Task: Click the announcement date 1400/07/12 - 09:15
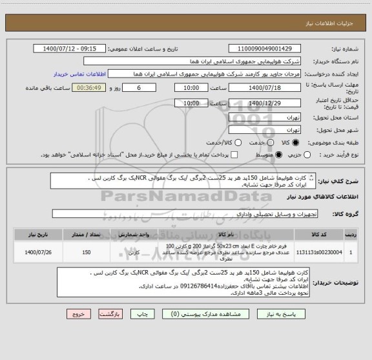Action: click(x=70, y=48)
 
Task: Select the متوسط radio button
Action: click(x=279, y=155)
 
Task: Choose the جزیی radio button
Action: click(x=315, y=155)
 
